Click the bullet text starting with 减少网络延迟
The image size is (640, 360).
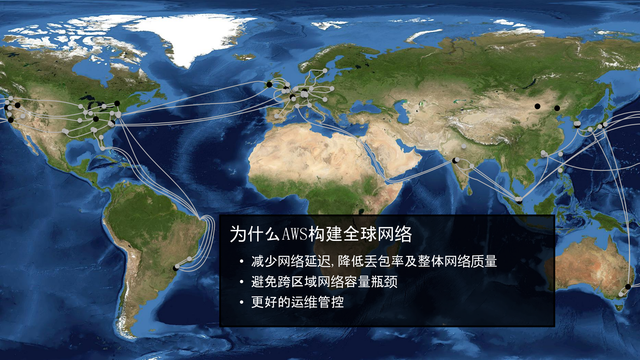[x=374, y=261]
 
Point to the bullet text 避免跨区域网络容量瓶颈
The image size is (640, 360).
[x=324, y=282]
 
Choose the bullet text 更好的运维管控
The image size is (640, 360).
[x=297, y=302]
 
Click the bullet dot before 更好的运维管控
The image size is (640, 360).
[x=241, y=303]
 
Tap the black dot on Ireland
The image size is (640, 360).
[x=269, y=85]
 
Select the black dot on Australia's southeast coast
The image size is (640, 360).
[x=628, y=287]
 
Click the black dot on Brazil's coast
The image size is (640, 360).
[x=176, y=268]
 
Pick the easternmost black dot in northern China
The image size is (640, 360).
[x=557, y=108]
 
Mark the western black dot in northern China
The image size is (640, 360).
[x=537, y=106]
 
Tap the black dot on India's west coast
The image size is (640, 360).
[x=455, y=161]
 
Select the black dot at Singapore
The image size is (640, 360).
[x=519, y=202]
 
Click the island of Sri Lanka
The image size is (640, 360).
[x=470, y=191]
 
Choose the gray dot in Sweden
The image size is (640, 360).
[x=325, y=71]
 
